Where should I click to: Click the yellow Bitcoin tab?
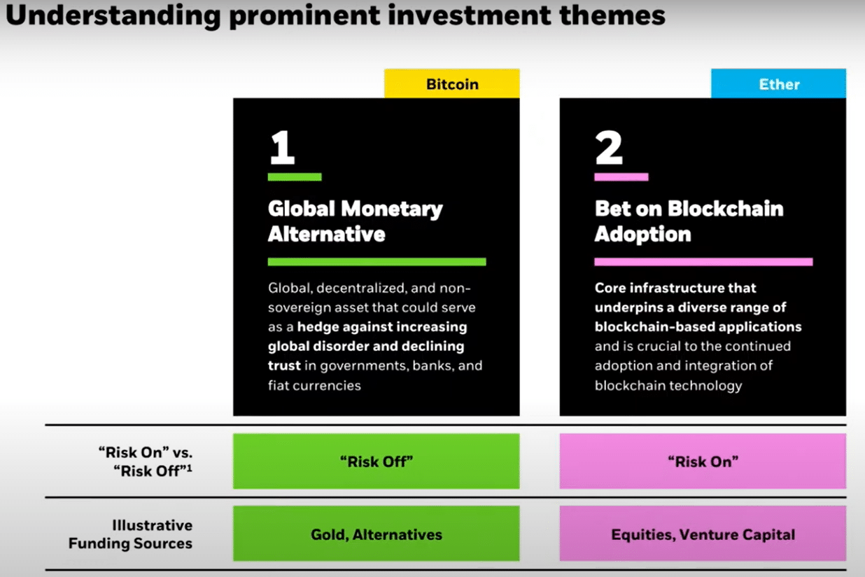tap(452, 83)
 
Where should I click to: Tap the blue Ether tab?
tap(778, 83)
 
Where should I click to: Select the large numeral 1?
tap(282, 147)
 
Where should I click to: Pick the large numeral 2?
tap(609, 147)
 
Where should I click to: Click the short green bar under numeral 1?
tap(295, 177)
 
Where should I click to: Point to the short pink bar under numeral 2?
tap(621, 177)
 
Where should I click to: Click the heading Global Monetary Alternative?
tap(356, 221)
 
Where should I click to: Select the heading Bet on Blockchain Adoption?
tap(689, 221)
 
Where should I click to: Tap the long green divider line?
tap(377, 262)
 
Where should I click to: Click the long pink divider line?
tap(703, 262)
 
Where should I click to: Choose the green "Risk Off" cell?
tap(376, 461)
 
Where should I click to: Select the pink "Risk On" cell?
tap(703, 461)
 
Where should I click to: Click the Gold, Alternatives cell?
tap(376, 534)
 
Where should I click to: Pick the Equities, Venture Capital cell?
tap(703, 534)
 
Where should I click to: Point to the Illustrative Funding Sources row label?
tap(131, 534)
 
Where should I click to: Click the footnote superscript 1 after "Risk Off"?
tap(189, 468)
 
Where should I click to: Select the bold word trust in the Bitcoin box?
tap(284, 366)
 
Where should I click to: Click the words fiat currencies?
tap(314, 385)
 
